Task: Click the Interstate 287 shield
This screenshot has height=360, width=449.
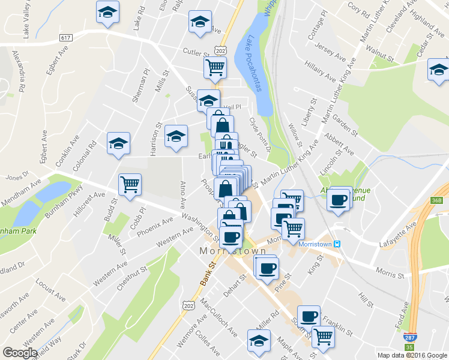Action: [411, 338]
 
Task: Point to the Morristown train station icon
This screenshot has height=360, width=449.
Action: [337, 244]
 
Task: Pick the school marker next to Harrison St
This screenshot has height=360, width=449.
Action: [176, 136]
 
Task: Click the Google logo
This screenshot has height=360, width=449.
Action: [20, 353]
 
